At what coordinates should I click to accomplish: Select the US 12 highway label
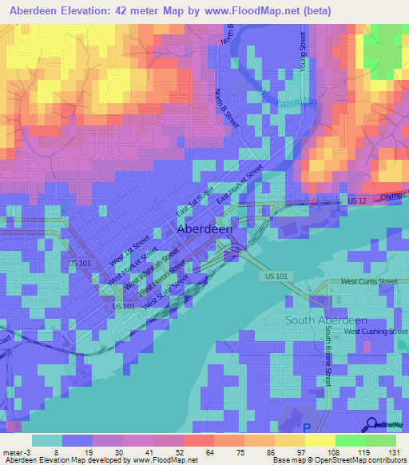pos(357,199)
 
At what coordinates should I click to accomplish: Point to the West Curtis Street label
pos(368,282)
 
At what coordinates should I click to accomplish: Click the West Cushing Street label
pos(370,331)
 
